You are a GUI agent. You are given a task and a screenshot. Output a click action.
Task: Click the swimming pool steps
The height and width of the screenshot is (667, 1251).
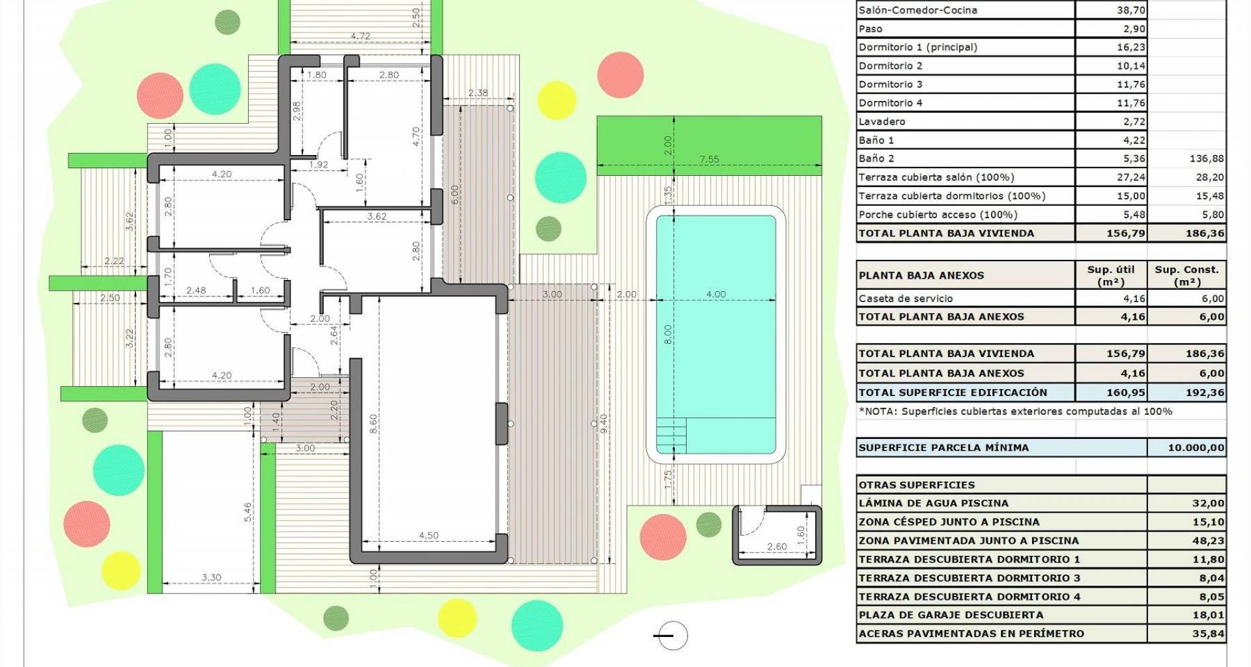pos(671,435)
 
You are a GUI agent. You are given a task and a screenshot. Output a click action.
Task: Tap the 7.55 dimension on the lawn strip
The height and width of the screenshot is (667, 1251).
pos(709,159)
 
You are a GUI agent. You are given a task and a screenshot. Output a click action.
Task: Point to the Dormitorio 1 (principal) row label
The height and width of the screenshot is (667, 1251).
pos(917,47)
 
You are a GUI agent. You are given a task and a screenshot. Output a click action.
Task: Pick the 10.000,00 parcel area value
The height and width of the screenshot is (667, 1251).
pos(1196,447)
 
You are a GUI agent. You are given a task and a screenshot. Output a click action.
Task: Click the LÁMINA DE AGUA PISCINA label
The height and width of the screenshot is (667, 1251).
pos(933,503)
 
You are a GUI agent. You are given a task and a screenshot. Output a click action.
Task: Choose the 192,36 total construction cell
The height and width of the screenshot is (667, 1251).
pos(1205,393)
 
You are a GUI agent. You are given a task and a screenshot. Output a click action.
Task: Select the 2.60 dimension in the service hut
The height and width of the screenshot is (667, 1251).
pos(777,546)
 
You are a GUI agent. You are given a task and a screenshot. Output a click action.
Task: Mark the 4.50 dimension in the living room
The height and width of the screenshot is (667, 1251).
pos(428,535)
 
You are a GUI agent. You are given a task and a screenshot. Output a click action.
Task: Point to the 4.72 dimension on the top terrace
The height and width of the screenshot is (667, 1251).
pos(360,36)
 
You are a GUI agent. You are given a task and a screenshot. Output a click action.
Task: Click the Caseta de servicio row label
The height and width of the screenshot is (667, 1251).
pos(906,298)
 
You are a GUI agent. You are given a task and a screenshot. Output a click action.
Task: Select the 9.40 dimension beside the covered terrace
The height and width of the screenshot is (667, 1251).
pos(603,424)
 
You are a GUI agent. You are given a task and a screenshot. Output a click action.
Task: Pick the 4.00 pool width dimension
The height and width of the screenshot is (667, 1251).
pos(716,294)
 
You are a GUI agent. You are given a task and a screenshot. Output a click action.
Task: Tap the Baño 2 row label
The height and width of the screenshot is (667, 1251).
pos(876,158)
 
